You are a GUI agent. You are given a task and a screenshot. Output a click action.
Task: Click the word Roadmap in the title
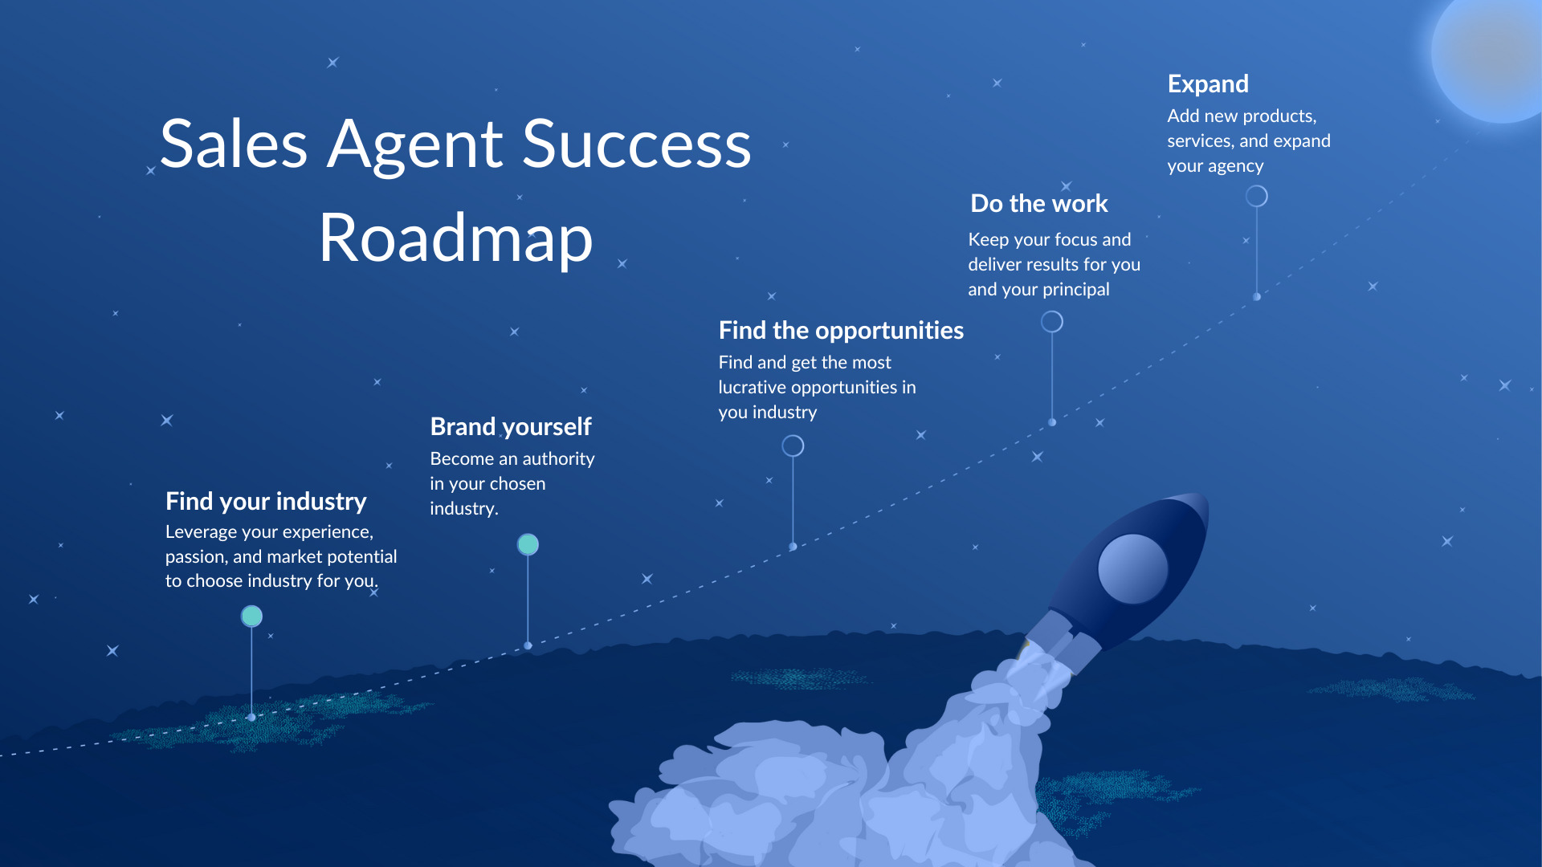pyautogui.click(x=455, y=238)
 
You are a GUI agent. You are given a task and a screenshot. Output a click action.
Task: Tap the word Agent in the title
pyautogui.click(x=415, y=144)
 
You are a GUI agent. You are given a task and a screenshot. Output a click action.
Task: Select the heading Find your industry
pyautogui.click(x=266, y=501)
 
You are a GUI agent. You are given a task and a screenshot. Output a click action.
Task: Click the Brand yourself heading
pyautogui.click(x=511, y=426)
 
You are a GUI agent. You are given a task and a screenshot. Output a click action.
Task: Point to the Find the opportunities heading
pyautogui.click(x=841, y=330)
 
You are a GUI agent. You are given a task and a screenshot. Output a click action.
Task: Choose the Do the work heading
pyautogui.click(x=1038, y=204)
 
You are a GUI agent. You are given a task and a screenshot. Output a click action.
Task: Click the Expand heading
pyautogui.click(x=1208, y=83)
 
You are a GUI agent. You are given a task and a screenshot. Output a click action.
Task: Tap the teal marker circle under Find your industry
pyautogui.click(x=251, y=616)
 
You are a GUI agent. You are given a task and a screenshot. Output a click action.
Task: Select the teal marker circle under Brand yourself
pyautogui.click(x=528, y=544)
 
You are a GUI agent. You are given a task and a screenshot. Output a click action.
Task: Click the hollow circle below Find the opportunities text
pyautogui.click(x=793, y=446)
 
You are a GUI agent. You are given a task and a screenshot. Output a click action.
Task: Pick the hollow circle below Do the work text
pyautogui.click(x=1051, y=322)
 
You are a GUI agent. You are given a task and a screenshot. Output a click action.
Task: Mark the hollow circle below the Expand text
pyautogui.click(x=1256, y=196)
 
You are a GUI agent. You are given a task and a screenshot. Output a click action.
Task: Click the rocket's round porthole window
pyautogui.click(x=1132, y=568)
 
